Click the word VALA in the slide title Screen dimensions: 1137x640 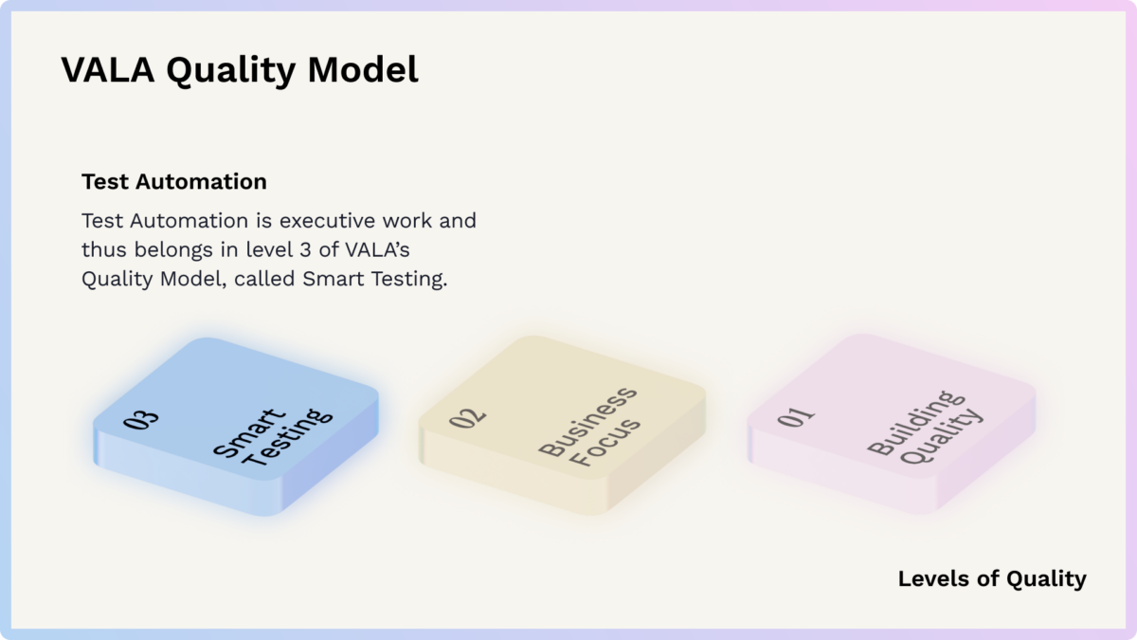pyautogui.click(x=108, y=69)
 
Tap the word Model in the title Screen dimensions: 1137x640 pyautogui.click(x=363, y=69)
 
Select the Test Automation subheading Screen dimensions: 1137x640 pyautogui.click(x=174, y=181)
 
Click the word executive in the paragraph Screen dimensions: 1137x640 pyautogui.click(x=327, y=221)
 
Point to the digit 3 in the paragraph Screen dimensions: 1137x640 pyautogui.click(x=305, y=250)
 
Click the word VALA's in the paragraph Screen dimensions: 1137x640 pyautogui.click(x=377, y=250)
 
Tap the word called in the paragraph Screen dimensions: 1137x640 pyautogui.click(x=264, y=279)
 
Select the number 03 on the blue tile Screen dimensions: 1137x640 pyautogui.click(x=140, y=420)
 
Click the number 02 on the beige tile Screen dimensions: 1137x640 pyautogui.click(x=467, y=417)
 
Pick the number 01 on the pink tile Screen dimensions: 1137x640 pyautogui.click(x=796, y=416)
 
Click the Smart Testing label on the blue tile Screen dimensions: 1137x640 pyautogui.click(x=273, y=437)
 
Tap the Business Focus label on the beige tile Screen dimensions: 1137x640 pyautogui.click(x=590, y=428)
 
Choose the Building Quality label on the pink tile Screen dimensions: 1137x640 pyautogui.click(x=926, y=428)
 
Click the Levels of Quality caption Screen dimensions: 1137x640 pyautogui.click(x=992, y=578)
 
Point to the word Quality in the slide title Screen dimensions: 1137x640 pyautogui.click(x=231, y=70)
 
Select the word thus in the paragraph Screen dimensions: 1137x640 pyautogui.click(x=103, y=250)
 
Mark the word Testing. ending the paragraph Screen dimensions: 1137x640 pyautogui.click(x=409, y=280)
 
